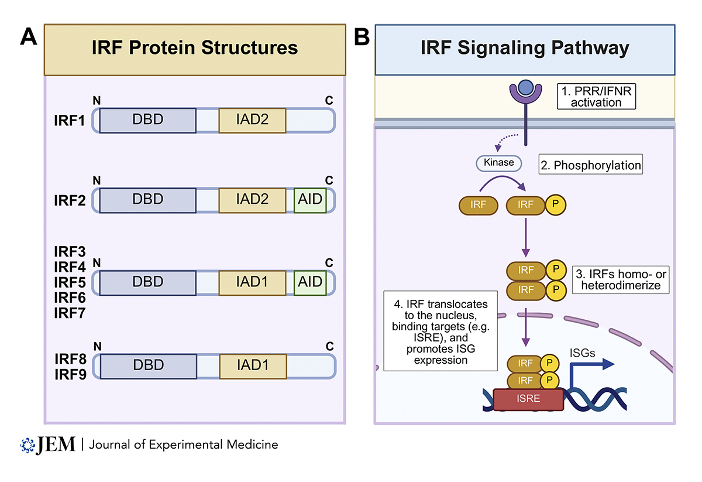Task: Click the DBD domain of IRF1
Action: [147, 120]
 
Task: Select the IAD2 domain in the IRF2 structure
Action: [252, 200]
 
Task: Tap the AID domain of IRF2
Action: [309, 200]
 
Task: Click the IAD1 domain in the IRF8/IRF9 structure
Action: [252, 366]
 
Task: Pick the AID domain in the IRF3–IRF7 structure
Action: [309, 282]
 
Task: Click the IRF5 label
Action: [70, 282]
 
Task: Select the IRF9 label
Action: [70, 374]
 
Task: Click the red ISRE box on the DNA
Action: [528, 399]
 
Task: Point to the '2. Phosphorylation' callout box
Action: [590, 166]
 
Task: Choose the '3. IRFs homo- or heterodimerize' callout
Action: [620, 280]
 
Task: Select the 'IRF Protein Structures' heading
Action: [194, 48]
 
